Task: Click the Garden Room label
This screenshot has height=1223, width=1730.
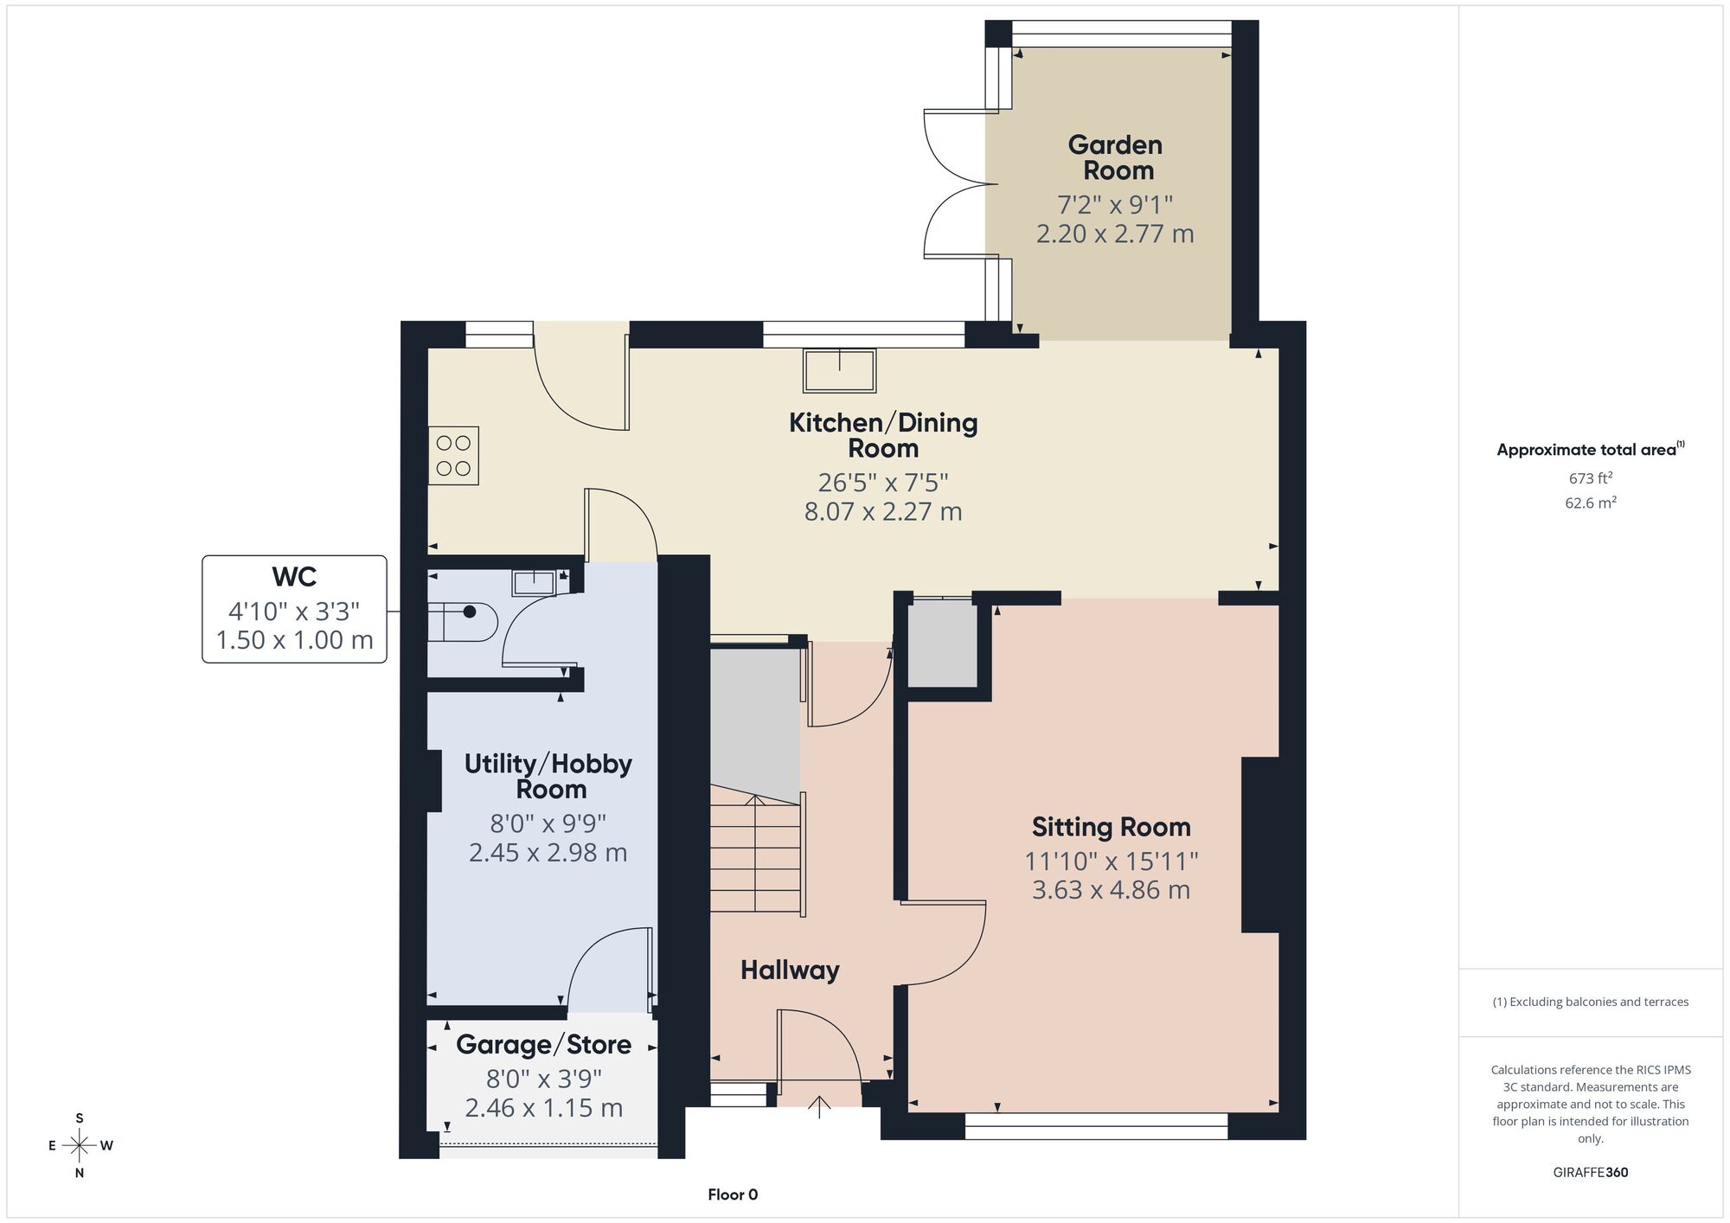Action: (x=1115, y=157)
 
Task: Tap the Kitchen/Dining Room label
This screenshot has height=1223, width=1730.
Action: (x=883, y=435)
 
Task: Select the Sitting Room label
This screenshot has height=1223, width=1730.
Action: (x=1111, y=827)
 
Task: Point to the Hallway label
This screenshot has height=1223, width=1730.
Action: (x=790, y=970)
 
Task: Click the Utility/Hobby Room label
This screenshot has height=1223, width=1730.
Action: (x=548, y=776)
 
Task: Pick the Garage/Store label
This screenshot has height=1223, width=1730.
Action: (x=543, y=1045)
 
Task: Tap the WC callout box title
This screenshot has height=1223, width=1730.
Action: (x=294, y=577)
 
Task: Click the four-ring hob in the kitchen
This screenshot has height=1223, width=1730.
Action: (x=453, y=455)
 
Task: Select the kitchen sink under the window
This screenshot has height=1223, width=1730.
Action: (x=839, y=370)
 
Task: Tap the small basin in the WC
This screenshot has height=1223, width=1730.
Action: (x=534, y=582)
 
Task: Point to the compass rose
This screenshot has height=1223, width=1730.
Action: (x=80, y=1146)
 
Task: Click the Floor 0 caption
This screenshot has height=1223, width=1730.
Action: (x=733, y=1194)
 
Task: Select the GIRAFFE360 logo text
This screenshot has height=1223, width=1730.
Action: (x=1591, y=1173)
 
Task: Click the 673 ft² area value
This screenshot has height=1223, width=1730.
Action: (x=1590, y=477)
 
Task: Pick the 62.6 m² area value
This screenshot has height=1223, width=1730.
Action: (x=1590, y=503)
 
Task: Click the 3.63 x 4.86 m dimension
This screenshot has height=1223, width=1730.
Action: (x=1111, y=890)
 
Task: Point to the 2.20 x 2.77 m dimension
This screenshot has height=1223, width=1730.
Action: (x=1115, y=234)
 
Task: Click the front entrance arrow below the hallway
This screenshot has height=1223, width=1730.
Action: (x=819, y=1107)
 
